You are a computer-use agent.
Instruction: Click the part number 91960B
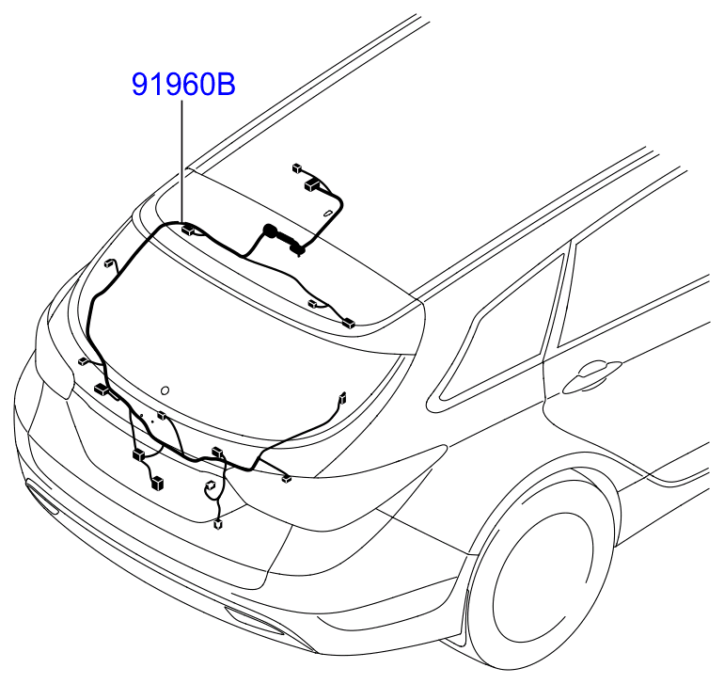(183, 84)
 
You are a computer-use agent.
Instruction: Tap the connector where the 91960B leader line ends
(188, 229)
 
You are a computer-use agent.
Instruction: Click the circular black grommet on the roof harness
(269, 231)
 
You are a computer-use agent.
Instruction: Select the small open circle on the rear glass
(165, 390)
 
